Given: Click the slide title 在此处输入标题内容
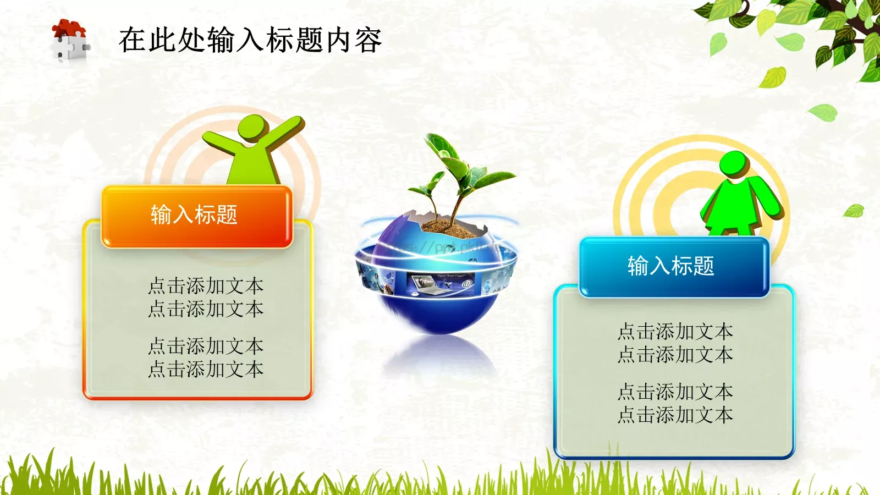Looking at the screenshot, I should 250,41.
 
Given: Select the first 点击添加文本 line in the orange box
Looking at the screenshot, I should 206,286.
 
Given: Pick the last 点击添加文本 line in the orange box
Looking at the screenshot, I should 206,369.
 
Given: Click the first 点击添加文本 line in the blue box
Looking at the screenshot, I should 675,332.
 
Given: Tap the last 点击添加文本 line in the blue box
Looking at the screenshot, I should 675,415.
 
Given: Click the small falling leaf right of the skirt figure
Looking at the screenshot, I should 854,210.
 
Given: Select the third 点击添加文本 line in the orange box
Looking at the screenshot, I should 206,346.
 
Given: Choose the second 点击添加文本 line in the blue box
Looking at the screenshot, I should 675,355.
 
